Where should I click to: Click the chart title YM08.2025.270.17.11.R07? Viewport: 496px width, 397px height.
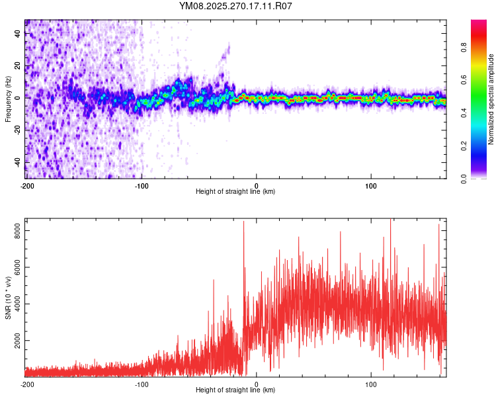(236, 6)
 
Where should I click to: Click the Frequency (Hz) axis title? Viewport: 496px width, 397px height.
(8, 99)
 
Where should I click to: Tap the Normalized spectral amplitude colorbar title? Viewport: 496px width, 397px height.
(491, 99)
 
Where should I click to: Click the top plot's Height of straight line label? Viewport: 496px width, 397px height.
(235, 192)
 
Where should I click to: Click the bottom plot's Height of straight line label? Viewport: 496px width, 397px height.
(235, 390)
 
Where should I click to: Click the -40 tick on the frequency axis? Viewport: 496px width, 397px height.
(17, 163)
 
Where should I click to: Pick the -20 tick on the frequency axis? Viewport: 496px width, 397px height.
(17, 130)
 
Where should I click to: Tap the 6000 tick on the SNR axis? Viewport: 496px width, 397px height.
(15, 268)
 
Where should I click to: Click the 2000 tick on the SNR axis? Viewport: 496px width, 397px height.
(15, 341)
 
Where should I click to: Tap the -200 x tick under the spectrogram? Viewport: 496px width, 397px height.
(27, 186)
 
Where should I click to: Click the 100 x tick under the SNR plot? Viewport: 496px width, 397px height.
(372, 384)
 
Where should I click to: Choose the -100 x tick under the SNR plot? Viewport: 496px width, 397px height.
(142, 384)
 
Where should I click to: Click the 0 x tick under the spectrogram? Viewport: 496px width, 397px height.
(257, 186)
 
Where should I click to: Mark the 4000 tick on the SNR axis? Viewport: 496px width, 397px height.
(15, 304)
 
